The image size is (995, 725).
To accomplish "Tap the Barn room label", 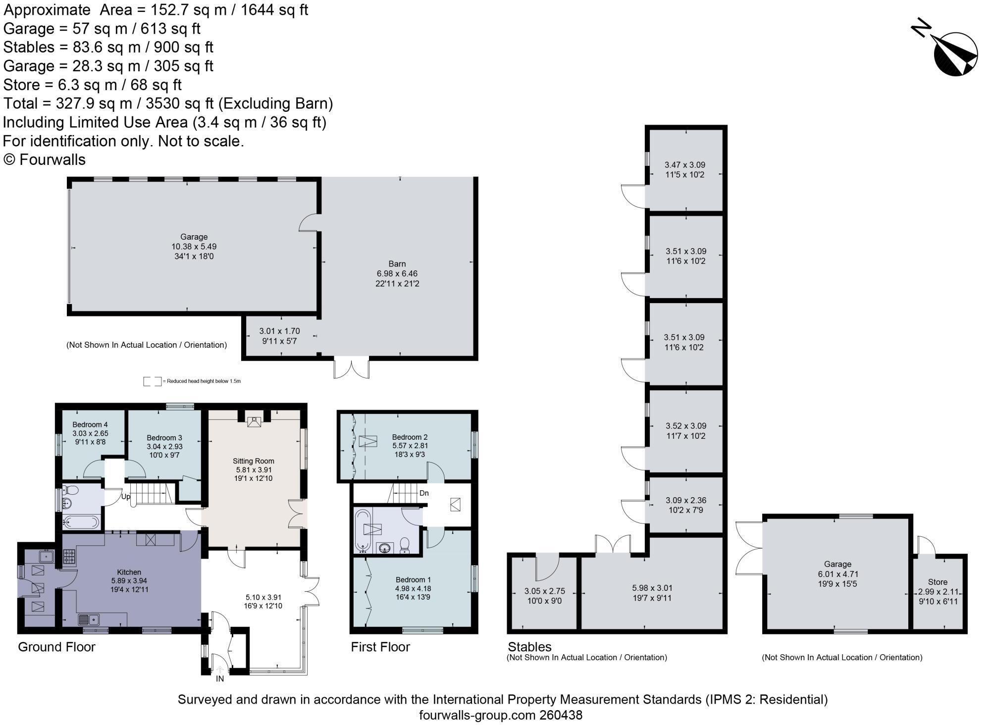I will click(397, 264).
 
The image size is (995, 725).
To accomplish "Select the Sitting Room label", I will click(254, 461).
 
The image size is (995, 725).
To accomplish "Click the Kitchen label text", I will click(129, 572).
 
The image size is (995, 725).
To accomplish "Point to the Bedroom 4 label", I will click(90, 424).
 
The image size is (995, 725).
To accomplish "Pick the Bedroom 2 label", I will click(410, 437).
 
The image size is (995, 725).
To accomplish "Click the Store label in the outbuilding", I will click(938, 582).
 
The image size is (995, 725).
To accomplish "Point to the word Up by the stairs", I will click(126, 497).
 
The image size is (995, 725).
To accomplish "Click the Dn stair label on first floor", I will click(424, 493).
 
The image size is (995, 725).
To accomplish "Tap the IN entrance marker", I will click(220, 679).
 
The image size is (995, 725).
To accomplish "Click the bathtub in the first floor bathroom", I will click(363, 530).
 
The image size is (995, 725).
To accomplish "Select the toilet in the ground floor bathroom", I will click(72, 490).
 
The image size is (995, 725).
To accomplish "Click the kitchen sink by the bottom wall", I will click(89, 620).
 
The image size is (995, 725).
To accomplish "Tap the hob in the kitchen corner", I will click(69, 558).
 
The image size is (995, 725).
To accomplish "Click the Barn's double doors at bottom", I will click(352, 367).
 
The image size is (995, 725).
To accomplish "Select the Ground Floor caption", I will click(56, 647).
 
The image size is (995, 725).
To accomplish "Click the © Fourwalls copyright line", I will click(45, 159).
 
